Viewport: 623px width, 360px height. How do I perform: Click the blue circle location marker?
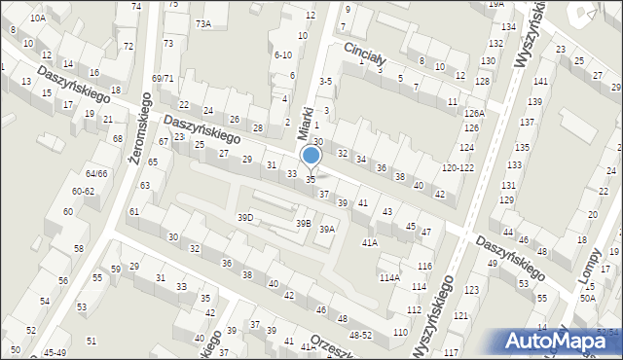pos(311,156)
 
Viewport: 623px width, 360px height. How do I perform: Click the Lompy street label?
pos(591,270)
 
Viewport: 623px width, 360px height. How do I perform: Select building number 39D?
pos(245,217)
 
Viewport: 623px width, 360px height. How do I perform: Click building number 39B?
pos(304,223)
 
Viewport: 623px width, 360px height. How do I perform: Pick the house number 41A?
pos(370,242)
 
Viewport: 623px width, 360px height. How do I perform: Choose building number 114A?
pos(389,277)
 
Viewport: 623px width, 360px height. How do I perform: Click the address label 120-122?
pos(457,168)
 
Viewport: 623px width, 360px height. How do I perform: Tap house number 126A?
pos(474,114)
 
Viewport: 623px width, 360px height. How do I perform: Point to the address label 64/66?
pos(95,173)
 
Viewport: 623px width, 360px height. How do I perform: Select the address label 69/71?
pos(163,78)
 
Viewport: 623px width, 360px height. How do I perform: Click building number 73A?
pos(202,23)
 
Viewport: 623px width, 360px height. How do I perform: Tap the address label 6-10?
pos(283,54)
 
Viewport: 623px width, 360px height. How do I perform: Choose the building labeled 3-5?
pos(326,82)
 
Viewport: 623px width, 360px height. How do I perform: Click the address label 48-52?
pos(360,334)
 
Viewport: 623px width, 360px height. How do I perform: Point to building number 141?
pos(539,81)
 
